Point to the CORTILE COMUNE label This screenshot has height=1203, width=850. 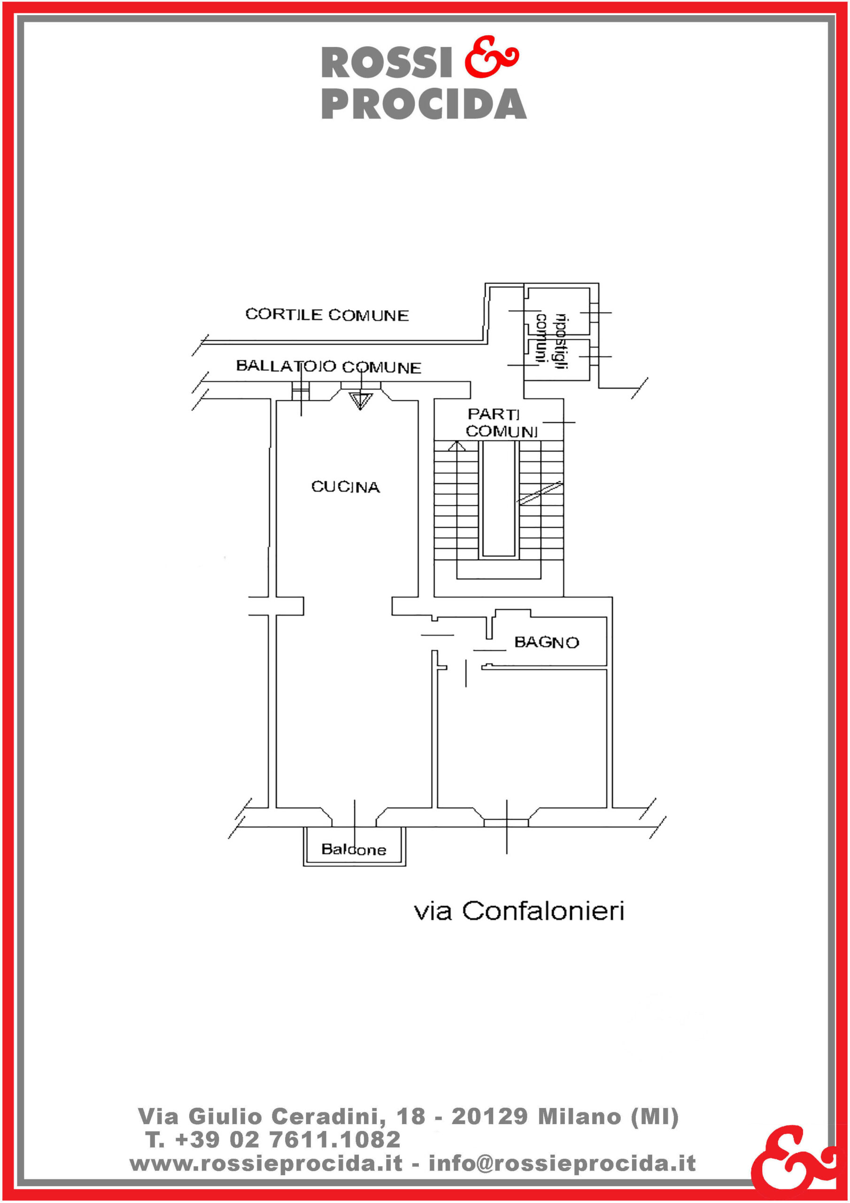(x=327, y=314)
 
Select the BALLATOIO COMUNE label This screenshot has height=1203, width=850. (x=328, y=366)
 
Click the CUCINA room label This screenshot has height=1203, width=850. (x=346, y=487)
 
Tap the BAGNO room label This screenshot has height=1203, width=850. (x=546, y=642)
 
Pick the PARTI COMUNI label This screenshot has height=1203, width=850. (x=501, y=423)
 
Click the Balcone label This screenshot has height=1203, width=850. (x=354, y=849)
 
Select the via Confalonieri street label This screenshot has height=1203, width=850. (x=519, y=911)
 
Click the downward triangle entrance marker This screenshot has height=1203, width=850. (x=360, y=400)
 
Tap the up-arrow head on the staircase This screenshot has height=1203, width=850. (x=456, y=446)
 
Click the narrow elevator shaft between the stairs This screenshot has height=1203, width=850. (x=499, y=498)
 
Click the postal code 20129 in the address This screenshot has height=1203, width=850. (x=489, y=1117)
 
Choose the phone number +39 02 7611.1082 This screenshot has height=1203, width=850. (x=287, y=1140)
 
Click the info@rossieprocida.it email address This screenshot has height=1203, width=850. (x=562, y=1164)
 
